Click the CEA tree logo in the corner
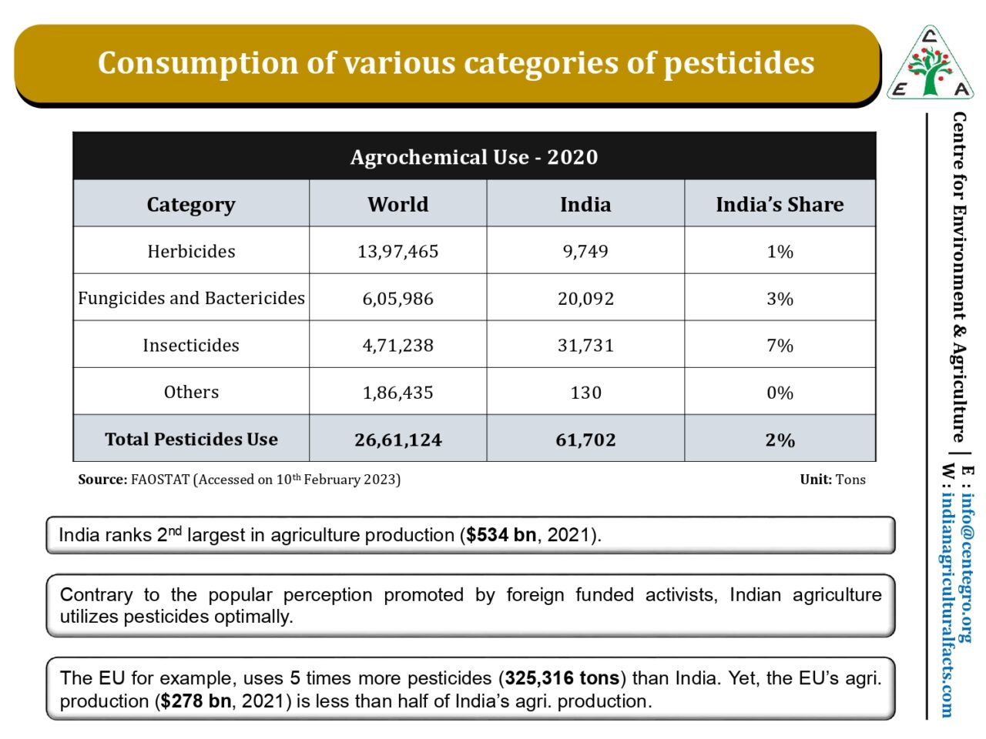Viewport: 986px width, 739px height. (931, 65)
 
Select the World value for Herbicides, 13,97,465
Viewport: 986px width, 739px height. (397, 252)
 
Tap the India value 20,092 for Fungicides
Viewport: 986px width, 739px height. (585, 299)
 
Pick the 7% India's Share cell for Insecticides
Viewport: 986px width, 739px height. (780, 346)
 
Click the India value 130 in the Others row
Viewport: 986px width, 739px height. (585, 393)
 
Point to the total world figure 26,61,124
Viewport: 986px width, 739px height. (397, 440)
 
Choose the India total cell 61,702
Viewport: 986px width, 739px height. (585, 440)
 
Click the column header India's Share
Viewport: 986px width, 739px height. (780, 205)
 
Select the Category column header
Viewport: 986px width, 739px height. (191, 205)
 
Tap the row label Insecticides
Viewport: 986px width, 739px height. (191, 346)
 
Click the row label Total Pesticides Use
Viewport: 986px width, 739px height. (191, 440)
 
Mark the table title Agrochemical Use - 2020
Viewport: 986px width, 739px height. (474, 157)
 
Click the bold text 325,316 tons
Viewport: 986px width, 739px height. (562, 678)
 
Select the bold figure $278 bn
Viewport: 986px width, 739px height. (196, 701)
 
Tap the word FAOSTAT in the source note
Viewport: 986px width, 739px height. (159, 480)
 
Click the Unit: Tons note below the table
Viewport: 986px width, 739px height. (832, 480)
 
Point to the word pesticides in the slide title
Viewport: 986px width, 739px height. (739, 63)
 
